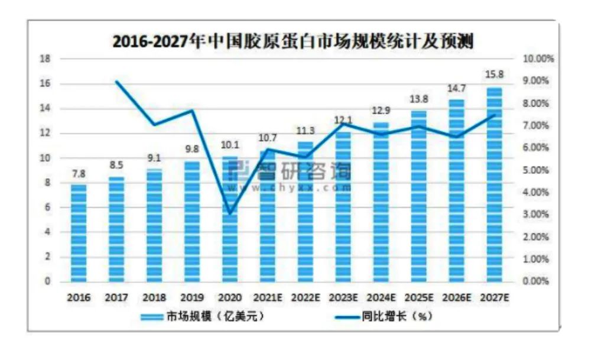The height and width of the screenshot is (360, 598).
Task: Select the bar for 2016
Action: point(79,233)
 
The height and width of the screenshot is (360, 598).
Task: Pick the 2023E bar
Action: point(343,207)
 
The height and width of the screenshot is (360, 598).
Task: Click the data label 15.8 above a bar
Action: point(494,74)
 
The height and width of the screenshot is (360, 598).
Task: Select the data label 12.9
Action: point(381,111)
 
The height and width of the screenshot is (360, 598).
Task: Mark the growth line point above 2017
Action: point(116,82)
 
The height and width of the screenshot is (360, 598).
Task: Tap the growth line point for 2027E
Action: point(494,115)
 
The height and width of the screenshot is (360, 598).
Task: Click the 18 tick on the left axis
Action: point(44,59)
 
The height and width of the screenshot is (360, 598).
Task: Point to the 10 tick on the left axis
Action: point(44,158)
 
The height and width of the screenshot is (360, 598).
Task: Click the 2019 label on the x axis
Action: point(192,297)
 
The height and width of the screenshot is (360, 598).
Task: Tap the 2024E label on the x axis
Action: point(381,297)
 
